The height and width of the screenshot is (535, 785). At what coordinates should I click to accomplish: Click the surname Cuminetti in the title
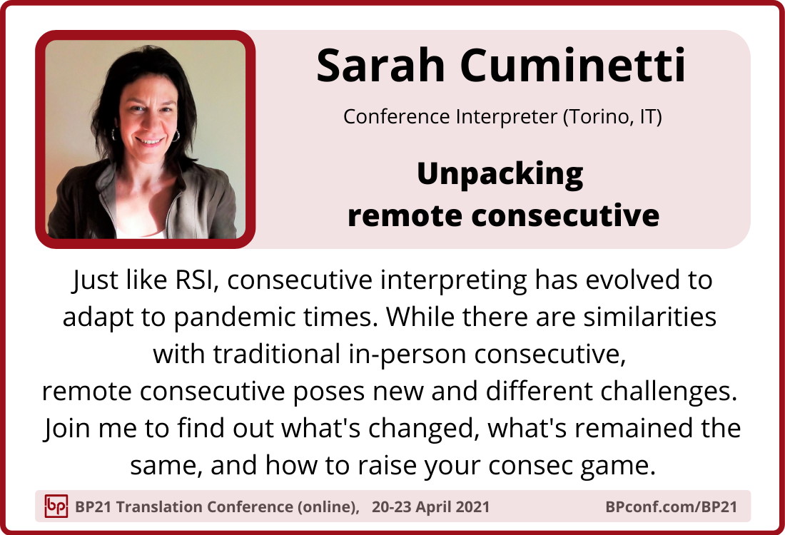pyautogui.click(x=573, y=66)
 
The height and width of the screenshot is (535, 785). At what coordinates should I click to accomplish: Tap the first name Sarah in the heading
pyautogui.click(x=381, y=66)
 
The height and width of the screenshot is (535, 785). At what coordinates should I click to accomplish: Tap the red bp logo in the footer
pyautogui.click(x=56, y=506)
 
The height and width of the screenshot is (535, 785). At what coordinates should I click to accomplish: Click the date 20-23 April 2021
pyautogui.click(x=430, y=507)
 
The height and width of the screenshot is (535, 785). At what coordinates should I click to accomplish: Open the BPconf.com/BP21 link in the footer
pyautogui.click(x=671, y=507)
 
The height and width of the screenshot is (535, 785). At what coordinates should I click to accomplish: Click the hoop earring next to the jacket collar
pyautogui.click(x=176, y=136)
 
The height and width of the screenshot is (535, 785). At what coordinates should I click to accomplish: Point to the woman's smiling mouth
pyautogui.click(x=150, y=141)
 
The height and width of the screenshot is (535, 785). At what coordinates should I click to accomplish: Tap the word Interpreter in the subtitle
pyautogui.click(x=506, y=117)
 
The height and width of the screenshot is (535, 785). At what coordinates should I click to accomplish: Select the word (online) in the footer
pyautogui.click(x=328, y=507)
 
